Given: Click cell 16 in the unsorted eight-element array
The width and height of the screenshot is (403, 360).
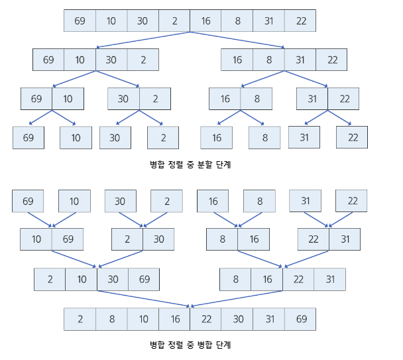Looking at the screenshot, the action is (205, 21).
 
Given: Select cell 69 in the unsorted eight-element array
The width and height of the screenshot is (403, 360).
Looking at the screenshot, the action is (80, 21).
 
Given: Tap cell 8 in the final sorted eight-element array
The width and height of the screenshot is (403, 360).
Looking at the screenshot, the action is (111, 319).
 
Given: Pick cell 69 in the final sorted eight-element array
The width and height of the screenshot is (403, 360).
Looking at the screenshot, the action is (301, 319).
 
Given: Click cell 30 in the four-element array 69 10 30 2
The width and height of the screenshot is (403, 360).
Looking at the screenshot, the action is (111, 60).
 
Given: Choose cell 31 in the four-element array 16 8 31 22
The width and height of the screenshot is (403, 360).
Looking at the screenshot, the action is (300, 60).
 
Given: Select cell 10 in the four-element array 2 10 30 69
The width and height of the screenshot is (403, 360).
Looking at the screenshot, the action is (82, 279).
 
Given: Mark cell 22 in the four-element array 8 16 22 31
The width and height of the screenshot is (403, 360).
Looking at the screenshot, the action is (298, 279).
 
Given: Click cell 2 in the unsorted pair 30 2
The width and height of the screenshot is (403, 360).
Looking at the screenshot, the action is (155, 99).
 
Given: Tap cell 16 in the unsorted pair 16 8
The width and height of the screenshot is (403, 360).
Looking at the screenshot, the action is (225, 99).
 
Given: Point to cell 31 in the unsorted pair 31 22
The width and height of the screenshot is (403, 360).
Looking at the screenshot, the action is (312, 99).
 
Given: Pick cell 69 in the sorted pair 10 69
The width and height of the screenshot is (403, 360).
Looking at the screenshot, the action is (67, 239).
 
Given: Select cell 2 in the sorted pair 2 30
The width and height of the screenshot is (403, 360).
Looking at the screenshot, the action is (127, 239).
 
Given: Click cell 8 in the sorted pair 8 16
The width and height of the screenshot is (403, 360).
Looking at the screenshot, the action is (222, 239).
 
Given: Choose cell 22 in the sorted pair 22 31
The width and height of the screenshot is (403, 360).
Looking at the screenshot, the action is (314, 239).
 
